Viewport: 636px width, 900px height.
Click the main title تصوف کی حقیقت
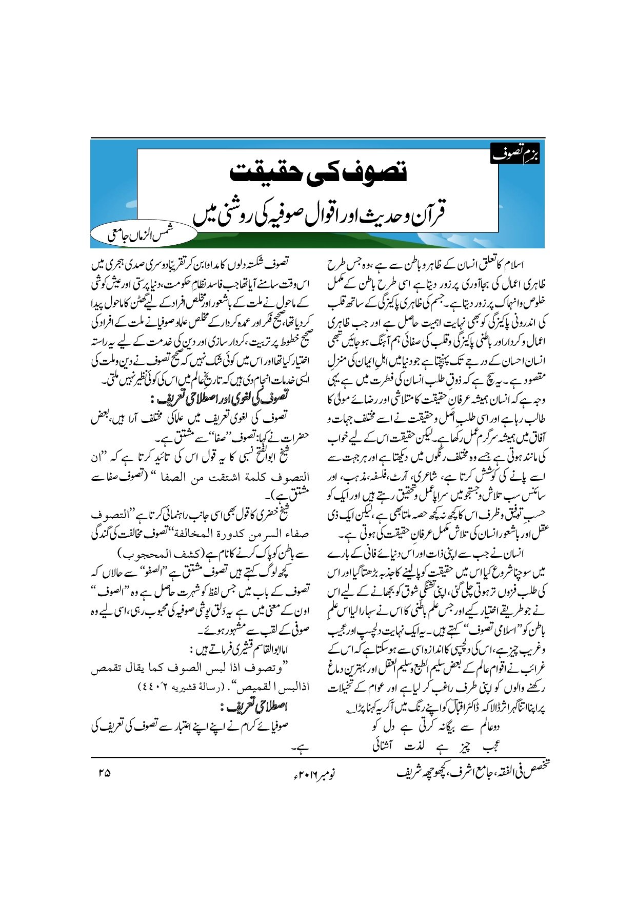[x=318, y=172]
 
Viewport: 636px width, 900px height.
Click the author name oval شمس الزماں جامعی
[x=143, y=235]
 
